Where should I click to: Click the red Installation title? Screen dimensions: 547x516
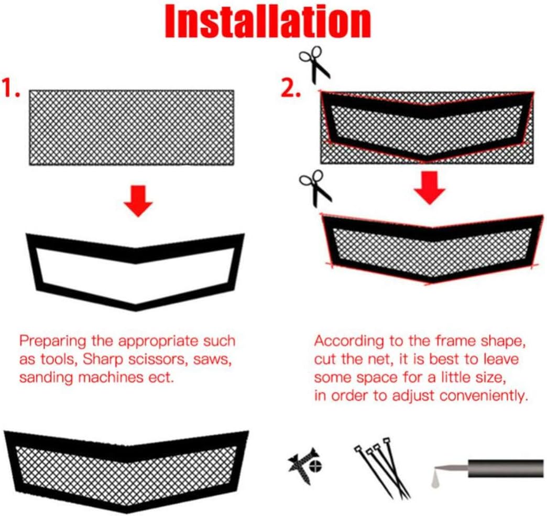pos(268,21)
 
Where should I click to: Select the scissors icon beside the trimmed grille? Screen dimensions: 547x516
pos(315,188)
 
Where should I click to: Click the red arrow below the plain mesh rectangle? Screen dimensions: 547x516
pos(138,201)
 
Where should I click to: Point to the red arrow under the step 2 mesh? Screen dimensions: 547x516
pos(430,188)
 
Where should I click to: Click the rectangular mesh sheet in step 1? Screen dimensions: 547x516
pos(132,128)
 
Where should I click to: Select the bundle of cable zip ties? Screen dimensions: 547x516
pos(382,467)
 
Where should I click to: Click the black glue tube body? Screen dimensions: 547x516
pos(506,468)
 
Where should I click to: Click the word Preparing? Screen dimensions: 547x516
pos(52,341)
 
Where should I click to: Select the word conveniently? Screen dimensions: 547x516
pos(482,396)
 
